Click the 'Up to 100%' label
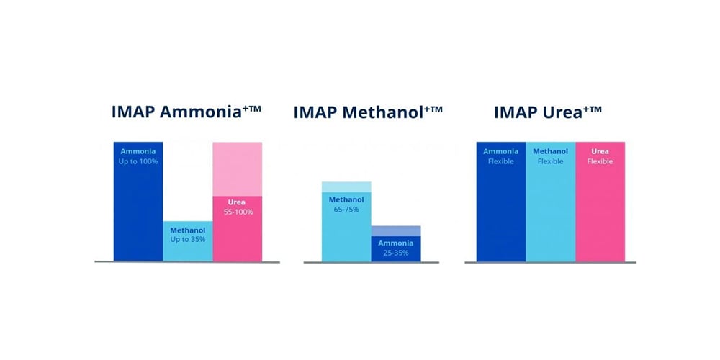[x=138, y=161]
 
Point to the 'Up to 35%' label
[x=187, y=238]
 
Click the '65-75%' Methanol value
[x=346, y=210]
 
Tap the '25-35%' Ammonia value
[x=395, y=253]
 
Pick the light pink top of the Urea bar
[x=237, y=168]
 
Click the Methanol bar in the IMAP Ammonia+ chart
[x=187, y=249]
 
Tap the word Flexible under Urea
[x=600, y=162]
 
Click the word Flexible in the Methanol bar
[x=551, y=162]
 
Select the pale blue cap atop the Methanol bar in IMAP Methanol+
[x=346, y=187]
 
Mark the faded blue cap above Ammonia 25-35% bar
[x=395, y=230]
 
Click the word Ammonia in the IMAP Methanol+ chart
[x=395, y=243]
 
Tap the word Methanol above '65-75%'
[x=346, y=199]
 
